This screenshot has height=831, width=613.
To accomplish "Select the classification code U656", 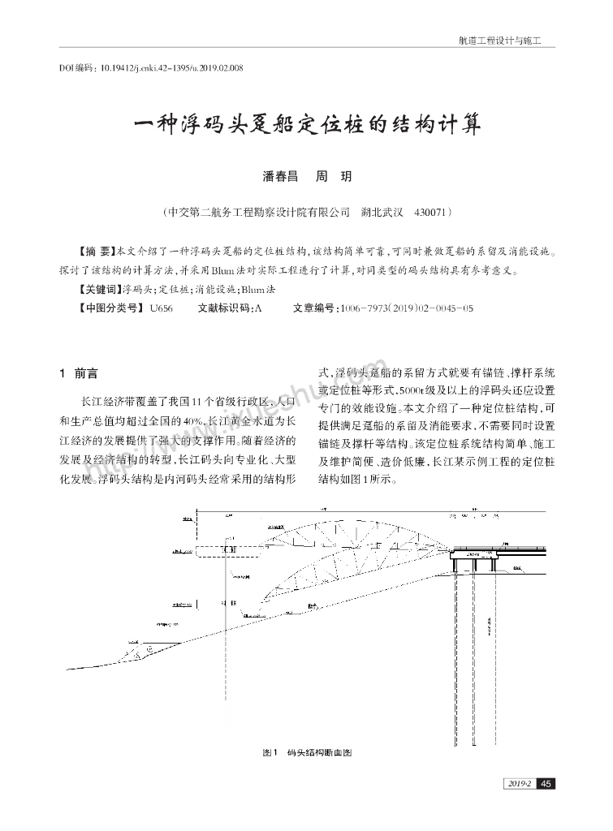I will tap(162, 308).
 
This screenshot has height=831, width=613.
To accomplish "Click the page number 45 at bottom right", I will tap(546, 783).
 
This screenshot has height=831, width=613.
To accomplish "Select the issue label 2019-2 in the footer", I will tap(517, 783).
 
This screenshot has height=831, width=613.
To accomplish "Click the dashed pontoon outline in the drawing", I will tap(218, 553).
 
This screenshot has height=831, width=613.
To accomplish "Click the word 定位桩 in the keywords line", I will tap(171, 289).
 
